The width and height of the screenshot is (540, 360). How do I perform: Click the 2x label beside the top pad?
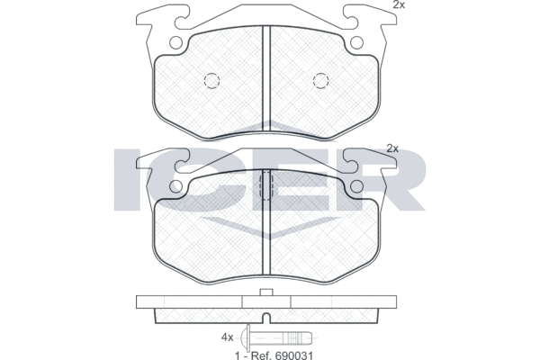pyautogui.click(x=399, y=4)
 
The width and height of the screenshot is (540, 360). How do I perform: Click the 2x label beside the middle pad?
pyautogui.click(x=392, y=148)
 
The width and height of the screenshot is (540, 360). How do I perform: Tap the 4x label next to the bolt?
pyautogui.click(x=228, y=337)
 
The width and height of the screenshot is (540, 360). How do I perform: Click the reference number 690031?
pyautogui.click(x=293, y=355)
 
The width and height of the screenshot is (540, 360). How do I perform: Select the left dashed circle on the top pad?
pyautogui.click(x=211, y=81)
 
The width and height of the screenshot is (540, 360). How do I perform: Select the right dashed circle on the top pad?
pyautogui.click(x=320, y=81)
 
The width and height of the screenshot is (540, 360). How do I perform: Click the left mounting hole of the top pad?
pyautogui.click(x=175, y=42)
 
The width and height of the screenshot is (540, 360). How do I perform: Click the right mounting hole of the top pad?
pyautogui.click(x=356, y=42)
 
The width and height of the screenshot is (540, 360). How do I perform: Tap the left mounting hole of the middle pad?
pyautogui.click(x=175, y=186)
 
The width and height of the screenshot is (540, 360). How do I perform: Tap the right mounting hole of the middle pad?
pyautogui.click(x=356, y=186)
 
